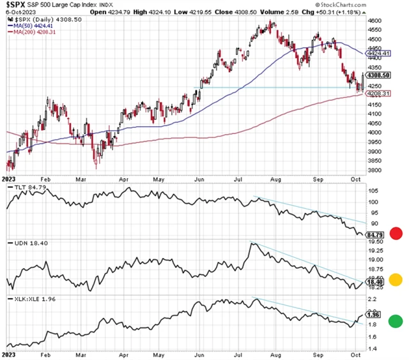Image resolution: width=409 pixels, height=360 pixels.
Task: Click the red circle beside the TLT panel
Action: point(396,233)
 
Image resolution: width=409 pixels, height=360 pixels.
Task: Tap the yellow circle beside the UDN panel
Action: point(396,279)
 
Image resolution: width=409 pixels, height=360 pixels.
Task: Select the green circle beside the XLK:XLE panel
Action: point(396,320)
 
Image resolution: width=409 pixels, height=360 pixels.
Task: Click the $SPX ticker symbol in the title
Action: point(17,4)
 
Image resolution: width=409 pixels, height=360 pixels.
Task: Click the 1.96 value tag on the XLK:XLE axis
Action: point(373,313)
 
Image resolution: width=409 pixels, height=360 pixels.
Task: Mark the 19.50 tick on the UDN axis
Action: point(375,243)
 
